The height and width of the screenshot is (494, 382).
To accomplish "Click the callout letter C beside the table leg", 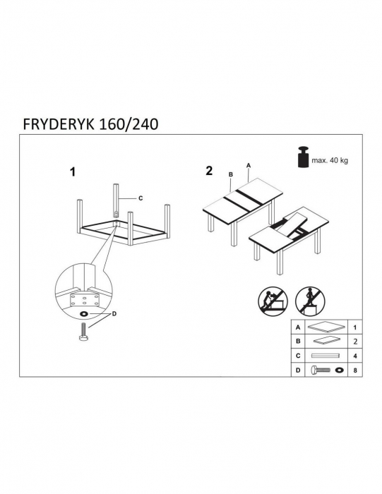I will [140, 199].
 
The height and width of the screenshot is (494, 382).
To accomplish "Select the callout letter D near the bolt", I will [115, 313].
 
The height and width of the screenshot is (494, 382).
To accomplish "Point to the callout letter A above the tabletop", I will [248, 165].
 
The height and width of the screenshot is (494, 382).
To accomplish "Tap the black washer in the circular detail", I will [84, 313].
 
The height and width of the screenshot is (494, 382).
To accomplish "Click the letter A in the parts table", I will [299, 328].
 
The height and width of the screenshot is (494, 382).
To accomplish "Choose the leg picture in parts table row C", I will [327, 356].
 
